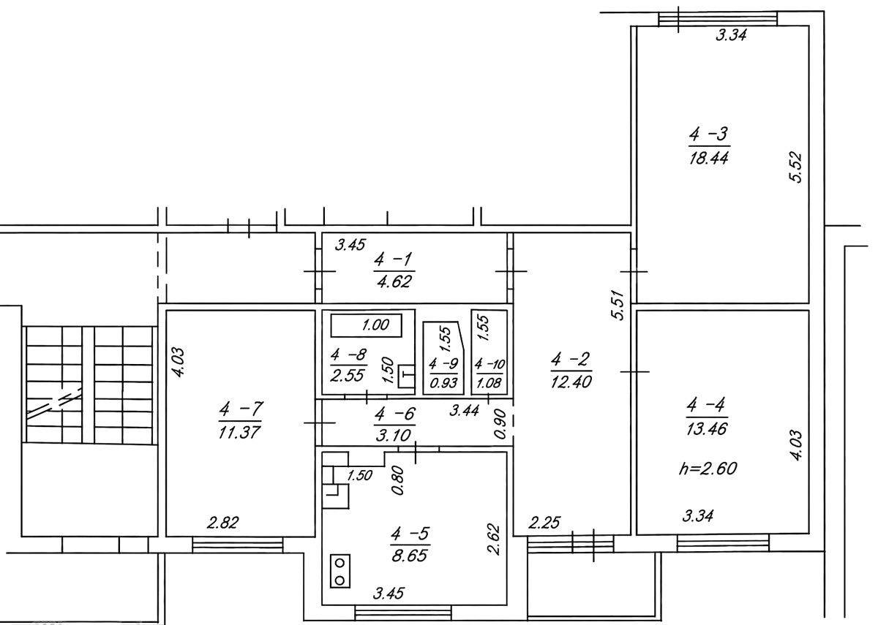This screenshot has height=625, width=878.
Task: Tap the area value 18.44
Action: (x=709, y=158)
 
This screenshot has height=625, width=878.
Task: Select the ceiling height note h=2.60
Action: (x=708, y=469)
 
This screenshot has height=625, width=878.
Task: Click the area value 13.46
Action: (x=707, y=429)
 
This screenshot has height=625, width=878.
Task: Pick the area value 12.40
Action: (x=571, y=382)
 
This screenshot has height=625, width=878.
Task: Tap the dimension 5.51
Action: (x=618, y=305)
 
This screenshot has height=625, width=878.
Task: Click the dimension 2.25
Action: (x=545, y=523)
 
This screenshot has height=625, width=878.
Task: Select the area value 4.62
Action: (x=394, y=281)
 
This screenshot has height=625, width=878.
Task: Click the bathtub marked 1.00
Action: (x=366, y=325)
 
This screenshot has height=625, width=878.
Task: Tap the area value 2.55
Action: (x=348, y=376)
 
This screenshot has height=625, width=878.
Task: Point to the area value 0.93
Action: (x=443, y=382)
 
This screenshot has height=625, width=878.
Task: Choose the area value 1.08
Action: (x=489, y=382)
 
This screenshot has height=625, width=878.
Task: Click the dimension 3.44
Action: (x=464, y=410)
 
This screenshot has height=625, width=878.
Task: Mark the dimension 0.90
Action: (x=501, y=424)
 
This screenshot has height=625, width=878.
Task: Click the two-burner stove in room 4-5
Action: (x=339, y=571)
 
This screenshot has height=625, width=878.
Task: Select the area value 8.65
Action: (x=409, y=556)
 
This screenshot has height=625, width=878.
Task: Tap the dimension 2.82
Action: (x=222, y=523)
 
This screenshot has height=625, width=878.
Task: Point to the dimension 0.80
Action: (x=398, y=480)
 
